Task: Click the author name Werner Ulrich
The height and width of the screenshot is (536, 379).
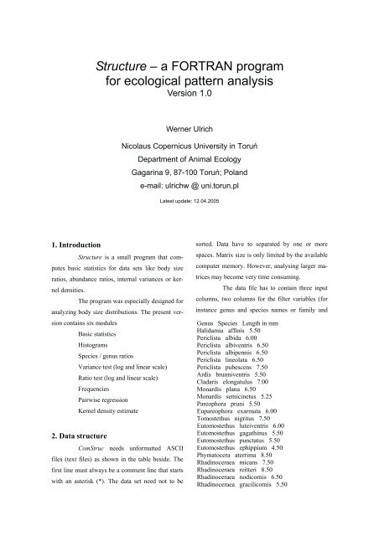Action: point(189,131)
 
